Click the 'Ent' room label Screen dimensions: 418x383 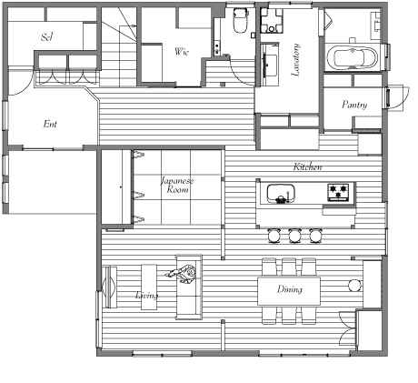click(50, 124)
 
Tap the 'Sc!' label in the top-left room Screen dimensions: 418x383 click(47, 37)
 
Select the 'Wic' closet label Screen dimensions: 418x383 click(182, 52)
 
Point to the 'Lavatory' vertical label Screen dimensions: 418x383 click(295, 60)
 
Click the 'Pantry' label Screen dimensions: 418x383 click(354, 105)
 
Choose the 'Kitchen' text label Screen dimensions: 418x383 click(307, 166)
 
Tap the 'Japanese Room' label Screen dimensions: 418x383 click(177, 186)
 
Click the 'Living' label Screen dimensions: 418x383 click(146, 295)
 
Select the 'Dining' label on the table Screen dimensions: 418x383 click(290, 289)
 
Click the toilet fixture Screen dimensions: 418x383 click(241, 21)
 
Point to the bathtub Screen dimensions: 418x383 click(355, 57)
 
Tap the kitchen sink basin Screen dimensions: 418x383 click(281, 194)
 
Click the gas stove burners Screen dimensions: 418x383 click(338, 192)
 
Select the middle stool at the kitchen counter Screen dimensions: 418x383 click(294, 236)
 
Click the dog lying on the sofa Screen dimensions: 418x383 click(182, 273)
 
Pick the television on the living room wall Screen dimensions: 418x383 click(109, 287)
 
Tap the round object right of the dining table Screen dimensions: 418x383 click(354, 286)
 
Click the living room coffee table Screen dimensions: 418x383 click(149, 287)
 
